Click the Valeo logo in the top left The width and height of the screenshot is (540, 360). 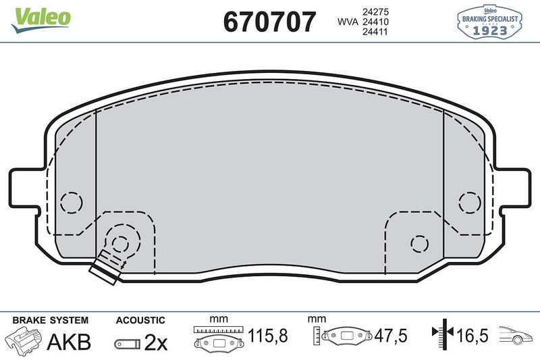(x=40, y=17)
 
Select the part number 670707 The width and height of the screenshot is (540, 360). (x=269, y=22)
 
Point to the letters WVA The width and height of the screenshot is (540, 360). (x=348, y=22)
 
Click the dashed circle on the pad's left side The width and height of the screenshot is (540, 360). (x=71, y=202)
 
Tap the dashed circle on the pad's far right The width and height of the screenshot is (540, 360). (x=468, y=201)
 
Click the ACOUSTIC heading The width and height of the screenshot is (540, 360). (x=140, y=320)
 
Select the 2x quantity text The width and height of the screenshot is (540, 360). (x=156, y=342)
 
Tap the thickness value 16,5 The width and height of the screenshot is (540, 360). (x=473, y=334)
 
